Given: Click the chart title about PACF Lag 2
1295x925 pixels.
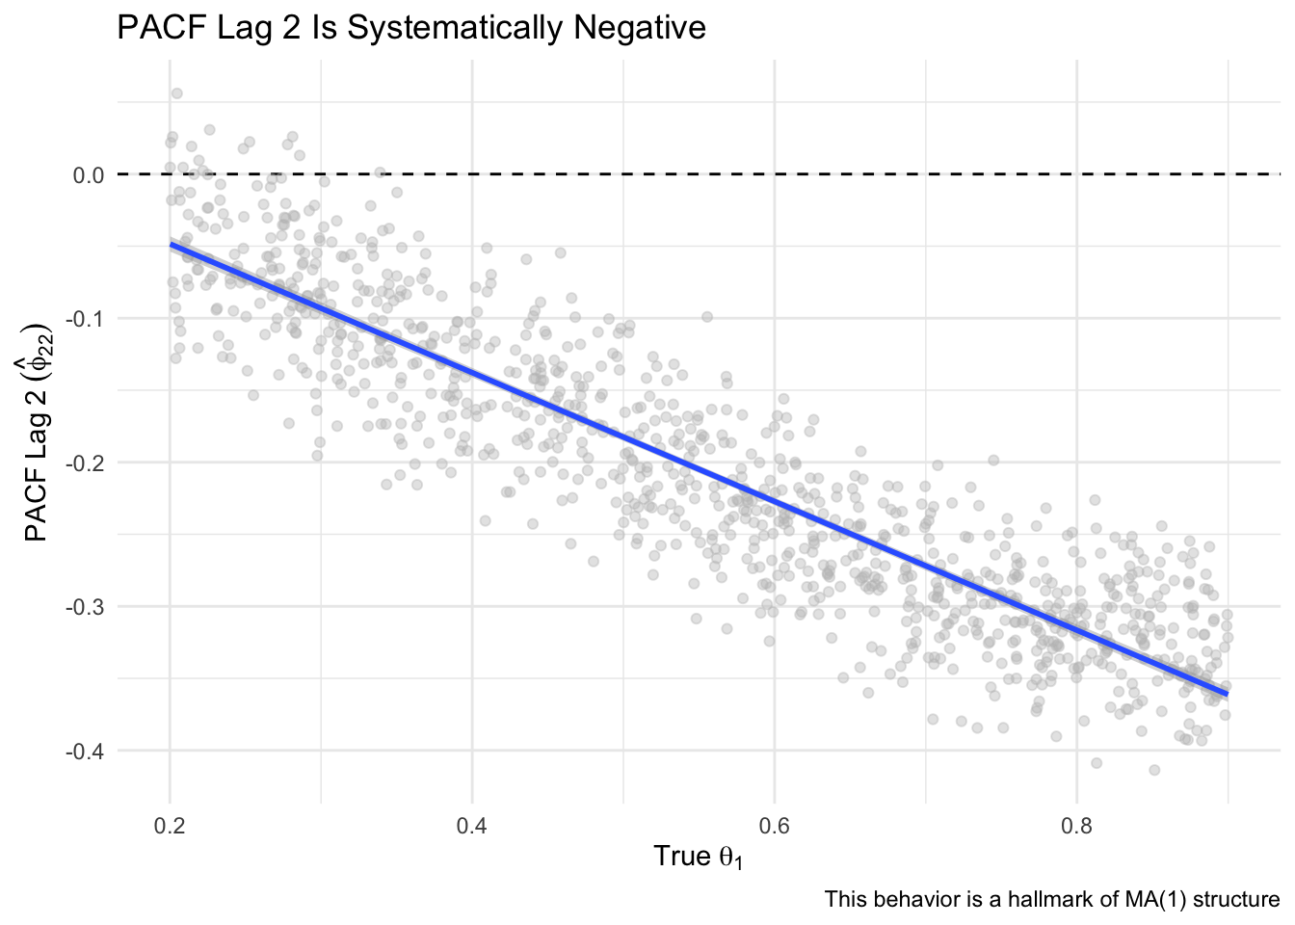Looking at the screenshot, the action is (x=411, y=28).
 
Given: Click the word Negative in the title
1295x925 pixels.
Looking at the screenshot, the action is (x=640, y=27).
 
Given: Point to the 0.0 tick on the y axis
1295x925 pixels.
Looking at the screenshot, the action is (x=89, y=174).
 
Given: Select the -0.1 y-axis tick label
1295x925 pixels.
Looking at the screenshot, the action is (x=85, y=319).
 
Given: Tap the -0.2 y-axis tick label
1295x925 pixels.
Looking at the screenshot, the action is (x=85, y=462).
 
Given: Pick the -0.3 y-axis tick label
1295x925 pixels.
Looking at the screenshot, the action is (x=85, y=607).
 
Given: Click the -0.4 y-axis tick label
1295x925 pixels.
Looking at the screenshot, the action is (x=85, y=751).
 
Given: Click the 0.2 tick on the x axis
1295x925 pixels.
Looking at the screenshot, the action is (x=170, y=826).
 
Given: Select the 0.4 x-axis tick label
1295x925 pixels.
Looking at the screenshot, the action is (x=472, y=826).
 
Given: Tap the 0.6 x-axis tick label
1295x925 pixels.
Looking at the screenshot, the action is (x=774, y=826).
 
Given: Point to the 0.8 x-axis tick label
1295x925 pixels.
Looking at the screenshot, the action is (x=1076, y=826).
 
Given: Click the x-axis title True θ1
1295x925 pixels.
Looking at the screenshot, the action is (x=698, y=858).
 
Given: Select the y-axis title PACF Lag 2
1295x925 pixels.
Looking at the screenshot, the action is (x=39, y=433).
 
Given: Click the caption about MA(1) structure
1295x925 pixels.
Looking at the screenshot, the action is (x=1051, y=900).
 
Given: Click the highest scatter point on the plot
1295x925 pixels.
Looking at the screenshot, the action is (x=177, y=93).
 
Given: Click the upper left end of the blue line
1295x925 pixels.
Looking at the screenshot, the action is (x=172, y=244).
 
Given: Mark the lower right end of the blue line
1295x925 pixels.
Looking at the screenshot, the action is (x=1227, y=695).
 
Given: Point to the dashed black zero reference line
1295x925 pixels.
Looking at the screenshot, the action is (x=699, y=174).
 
